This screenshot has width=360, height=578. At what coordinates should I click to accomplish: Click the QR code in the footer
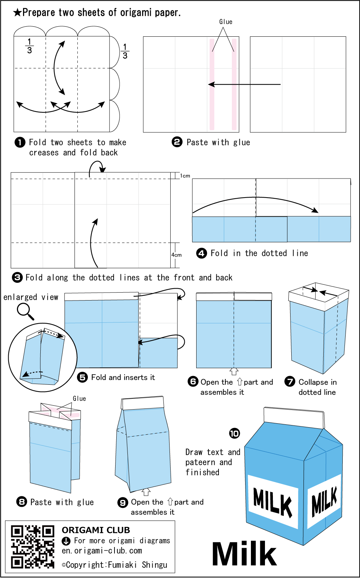pyautogui.click(x=32, y=547)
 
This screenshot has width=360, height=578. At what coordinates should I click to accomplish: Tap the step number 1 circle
pyautogui.click(x=20, y=143)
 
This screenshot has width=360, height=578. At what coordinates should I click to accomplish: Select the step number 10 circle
pyautogui.click(x=234, y=433)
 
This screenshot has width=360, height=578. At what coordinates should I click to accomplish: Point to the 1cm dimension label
pyautogui.click(x=185, y=176)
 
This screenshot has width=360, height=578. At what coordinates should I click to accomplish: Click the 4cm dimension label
pyautogui.click(x=176, y=255)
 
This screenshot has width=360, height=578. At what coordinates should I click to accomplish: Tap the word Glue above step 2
pyautogui.click(x=226, y=22)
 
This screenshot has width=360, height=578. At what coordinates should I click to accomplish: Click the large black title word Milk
pyautogui.click(x=244, y=554)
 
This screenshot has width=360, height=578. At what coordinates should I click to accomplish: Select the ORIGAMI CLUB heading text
pyautogui.click(x=96, y=530)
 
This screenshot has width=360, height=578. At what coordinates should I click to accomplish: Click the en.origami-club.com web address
pyautogui.click(x=102, y=551)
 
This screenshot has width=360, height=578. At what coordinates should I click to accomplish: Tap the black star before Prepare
pyautogui.click(x=17, y=13)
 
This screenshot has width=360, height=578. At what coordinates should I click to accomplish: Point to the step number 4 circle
pyautogui.click(x=202, y=253)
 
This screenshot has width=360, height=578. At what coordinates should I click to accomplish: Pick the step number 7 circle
pyautogui.click(x=290, y=381)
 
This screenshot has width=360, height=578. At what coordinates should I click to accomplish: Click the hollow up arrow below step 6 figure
pyautogui.click(x=234, y=371)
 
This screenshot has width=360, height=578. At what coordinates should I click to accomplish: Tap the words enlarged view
pyautogui.click(x=31, y=297)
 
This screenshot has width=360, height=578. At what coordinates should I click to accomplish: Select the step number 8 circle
pyautogui.click(x=22, y=502)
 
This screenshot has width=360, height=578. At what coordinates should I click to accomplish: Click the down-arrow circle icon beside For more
pyautogui.click(x=66, y=541)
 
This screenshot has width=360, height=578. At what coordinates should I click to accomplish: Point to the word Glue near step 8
pyautogui.click(x=79, y=399)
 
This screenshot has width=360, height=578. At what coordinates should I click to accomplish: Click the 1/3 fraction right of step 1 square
pyautogui.click(x=125, y=51)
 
